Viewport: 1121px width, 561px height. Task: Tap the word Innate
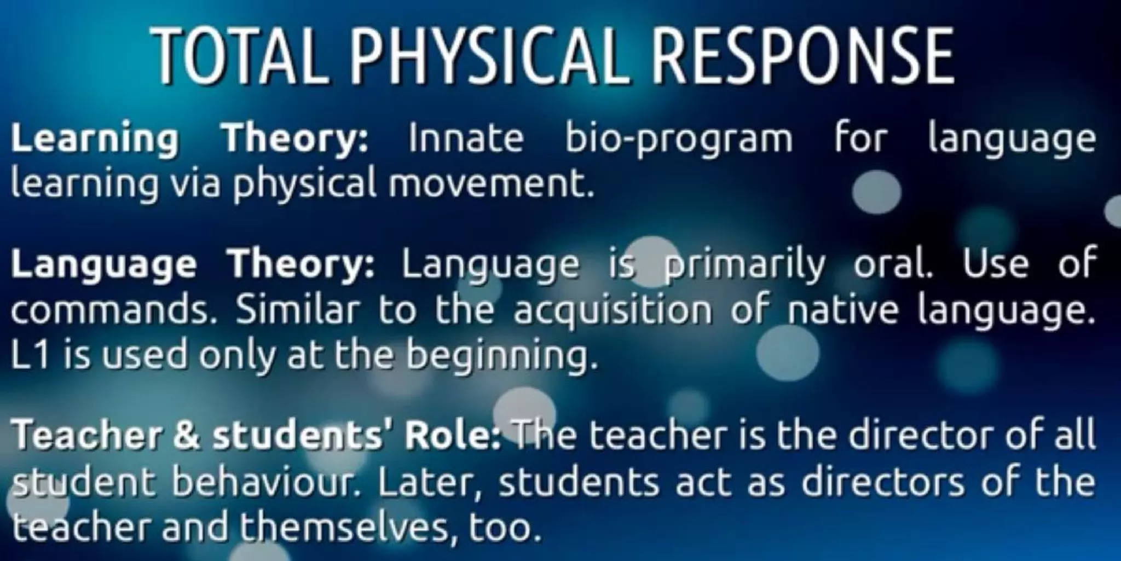(x=466, y=137)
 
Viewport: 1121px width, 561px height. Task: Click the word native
(x=843, y=310)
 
